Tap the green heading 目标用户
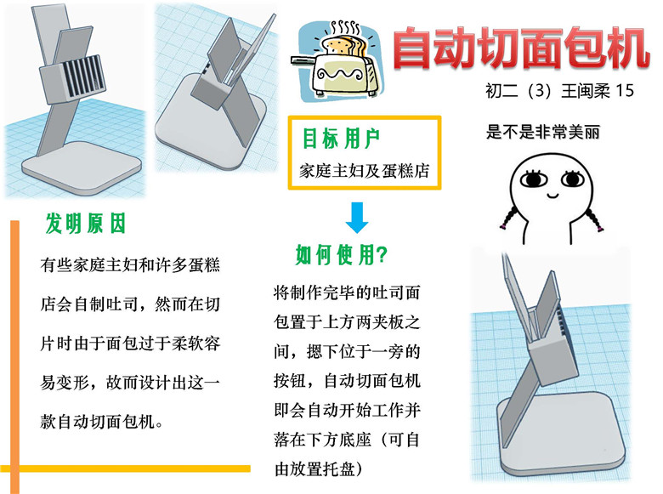click(x=341, y=139)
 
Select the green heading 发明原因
click(x=86, y=223)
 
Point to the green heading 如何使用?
click(x=341, y=254)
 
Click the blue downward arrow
click(x=357, y=218)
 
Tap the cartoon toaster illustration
click(x=337, y=60)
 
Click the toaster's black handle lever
click(x=303, y=60)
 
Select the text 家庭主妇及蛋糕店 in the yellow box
click(x=364, y=171)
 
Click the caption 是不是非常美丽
click(x=543, y=132)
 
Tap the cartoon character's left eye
click(x=534, y=179)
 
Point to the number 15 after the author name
click(x=624, y=90)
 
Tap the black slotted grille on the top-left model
click(x=83, y=77)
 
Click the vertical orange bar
click(x=14, y=356)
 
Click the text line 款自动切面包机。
click(x=102, y=421)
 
